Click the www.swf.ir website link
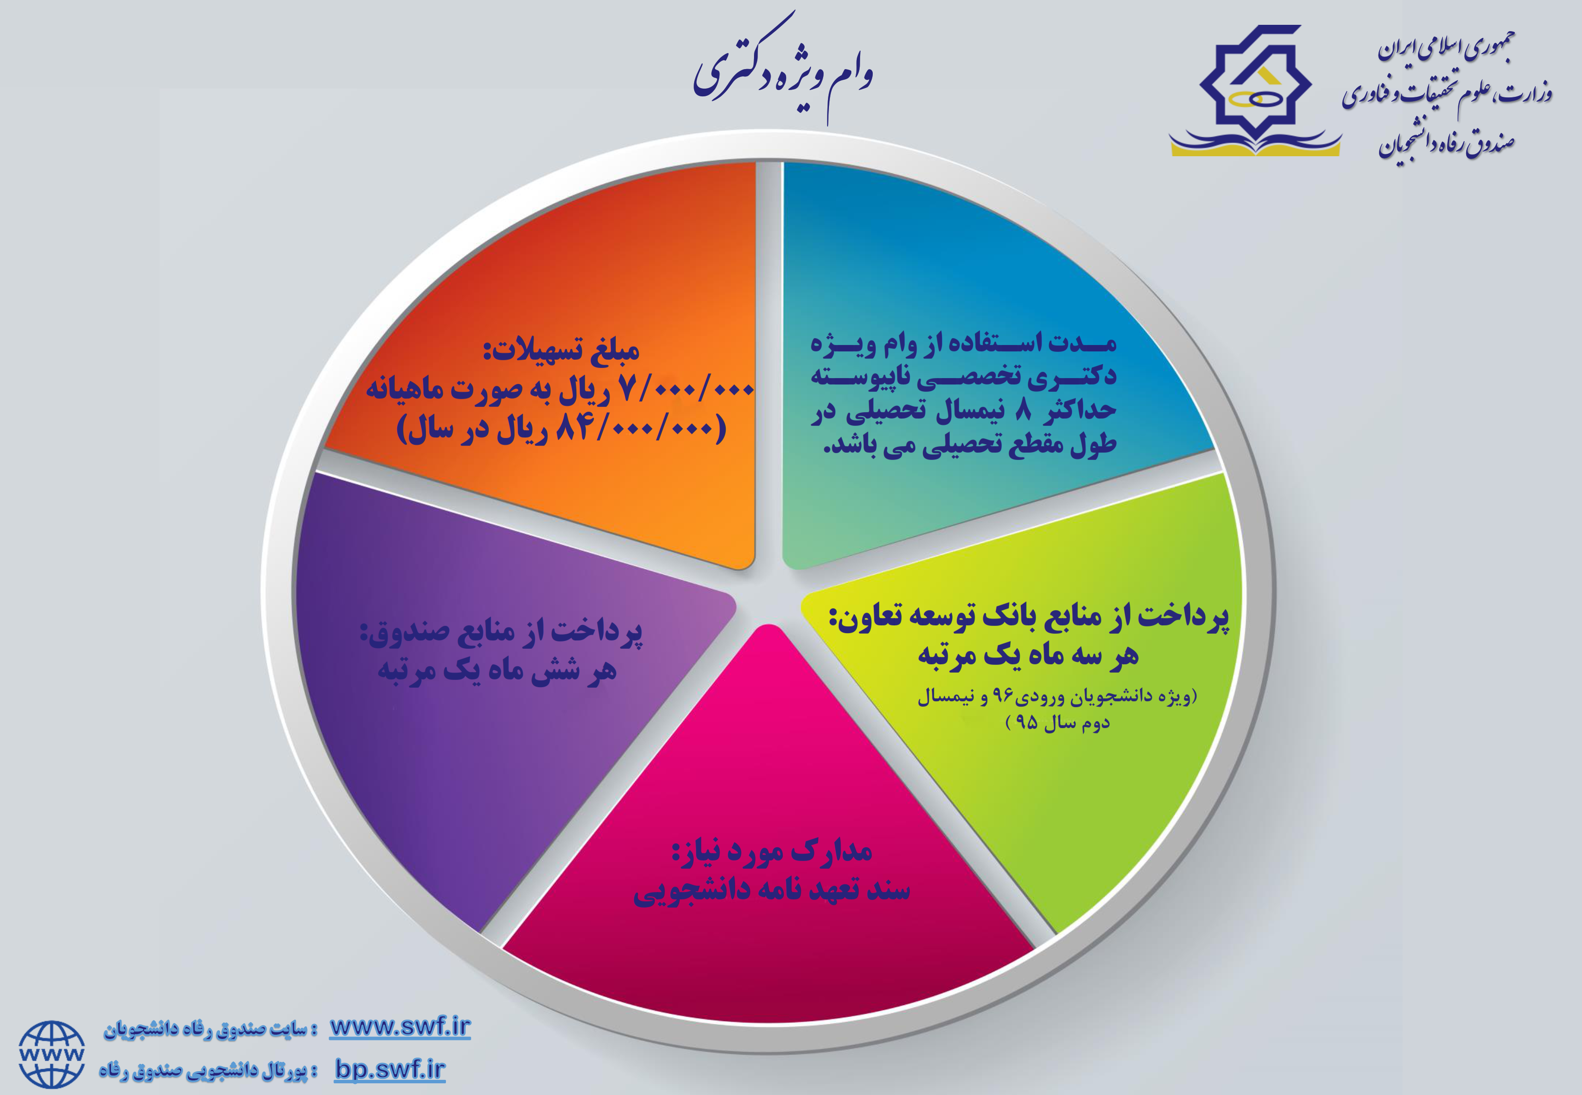coord(400,1027)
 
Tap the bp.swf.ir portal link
coord(390,1069)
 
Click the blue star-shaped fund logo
coord(1255,89)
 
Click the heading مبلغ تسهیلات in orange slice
coord(561,350)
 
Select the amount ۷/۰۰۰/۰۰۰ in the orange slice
coord(686,390)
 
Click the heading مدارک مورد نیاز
coord(772,852)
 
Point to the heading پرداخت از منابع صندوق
coord(501,631)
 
